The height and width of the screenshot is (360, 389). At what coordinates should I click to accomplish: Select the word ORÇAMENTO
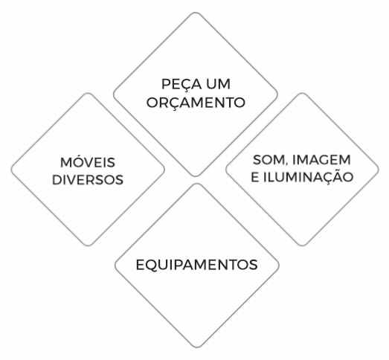coord(196,103)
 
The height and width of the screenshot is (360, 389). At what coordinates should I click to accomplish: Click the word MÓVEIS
coord(88,161)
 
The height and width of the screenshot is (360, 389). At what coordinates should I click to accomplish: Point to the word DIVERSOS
coord(88,180)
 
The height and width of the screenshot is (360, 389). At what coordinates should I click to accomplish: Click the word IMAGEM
coord(321,160)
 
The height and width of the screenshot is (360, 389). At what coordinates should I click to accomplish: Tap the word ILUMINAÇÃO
coord(308,176)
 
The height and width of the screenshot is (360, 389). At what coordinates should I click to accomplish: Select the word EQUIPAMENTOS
coord(196,265)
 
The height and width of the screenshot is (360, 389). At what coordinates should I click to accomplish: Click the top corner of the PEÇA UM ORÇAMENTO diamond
coord(196,13)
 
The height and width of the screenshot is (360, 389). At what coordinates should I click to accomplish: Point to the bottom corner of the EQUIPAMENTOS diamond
coord(197,347)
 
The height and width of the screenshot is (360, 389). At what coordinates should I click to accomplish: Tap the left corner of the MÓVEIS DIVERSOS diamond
coord(11,170)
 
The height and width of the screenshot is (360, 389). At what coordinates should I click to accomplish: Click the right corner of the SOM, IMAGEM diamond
coord(379,170)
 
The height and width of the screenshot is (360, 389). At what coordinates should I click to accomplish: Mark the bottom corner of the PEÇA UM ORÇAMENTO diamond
coord(196,176)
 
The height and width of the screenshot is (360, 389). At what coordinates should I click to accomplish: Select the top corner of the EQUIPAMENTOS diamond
coord(197,184)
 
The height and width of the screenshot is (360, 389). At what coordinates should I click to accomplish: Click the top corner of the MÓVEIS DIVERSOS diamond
coord(88,93)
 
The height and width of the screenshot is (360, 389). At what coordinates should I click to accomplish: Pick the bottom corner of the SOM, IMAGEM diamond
coord(302,245)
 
